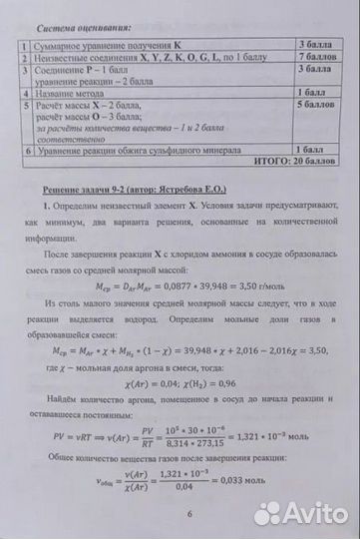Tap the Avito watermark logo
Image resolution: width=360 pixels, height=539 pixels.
(298, 513)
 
